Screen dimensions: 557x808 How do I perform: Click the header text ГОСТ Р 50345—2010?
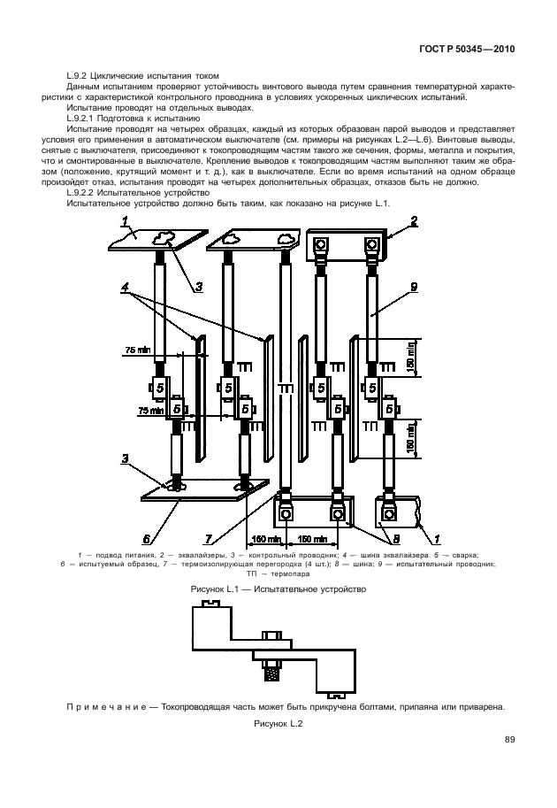click(467, 50)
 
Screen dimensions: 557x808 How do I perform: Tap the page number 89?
click(509, 740)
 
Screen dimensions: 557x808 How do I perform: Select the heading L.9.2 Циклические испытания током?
click(143, 76)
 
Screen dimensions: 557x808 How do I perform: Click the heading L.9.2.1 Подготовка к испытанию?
click(134, 118)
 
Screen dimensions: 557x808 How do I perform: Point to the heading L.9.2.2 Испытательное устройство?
click(139, 193)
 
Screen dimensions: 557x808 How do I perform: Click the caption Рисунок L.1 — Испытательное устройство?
click(278, 589)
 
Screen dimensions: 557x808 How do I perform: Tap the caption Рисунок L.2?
click(278, 724)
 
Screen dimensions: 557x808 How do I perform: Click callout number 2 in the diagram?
click(414, 221)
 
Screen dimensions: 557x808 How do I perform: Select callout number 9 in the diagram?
click(414, 288)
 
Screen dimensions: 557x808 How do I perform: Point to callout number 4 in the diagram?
click(125, 288)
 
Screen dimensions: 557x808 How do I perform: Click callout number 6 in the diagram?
click(147, 540)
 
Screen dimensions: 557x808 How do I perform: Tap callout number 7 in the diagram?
click(209, 540)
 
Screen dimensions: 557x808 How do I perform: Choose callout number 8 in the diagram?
click(396, 540)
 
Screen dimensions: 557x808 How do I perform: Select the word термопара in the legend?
click(291, 573)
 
